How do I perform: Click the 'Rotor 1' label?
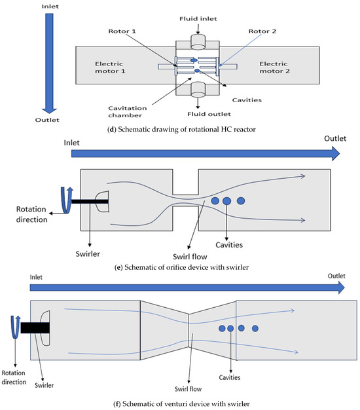click(x=122, y=31)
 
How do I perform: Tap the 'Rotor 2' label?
click(x=262, y=31)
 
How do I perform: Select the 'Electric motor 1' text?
click(x=110, y=67)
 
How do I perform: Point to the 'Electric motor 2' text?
click(x=274, y=67)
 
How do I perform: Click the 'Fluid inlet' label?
click(x=198, y=19)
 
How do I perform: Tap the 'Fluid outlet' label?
click(x=209, y=114)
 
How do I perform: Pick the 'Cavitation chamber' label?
click(x=127, y=111)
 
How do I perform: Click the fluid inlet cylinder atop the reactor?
click(x=198, y=42)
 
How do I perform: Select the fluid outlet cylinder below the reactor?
click(x=198, y=90)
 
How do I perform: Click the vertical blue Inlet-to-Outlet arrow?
click(x=49, y=64)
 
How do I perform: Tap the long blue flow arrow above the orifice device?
click(x=206, y=154)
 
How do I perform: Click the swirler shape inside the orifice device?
click(x=102, y=201)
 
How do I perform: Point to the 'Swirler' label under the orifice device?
click(x=88, y=254)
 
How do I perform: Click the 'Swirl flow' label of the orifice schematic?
click(x=190, y=257)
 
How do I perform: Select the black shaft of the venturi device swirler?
click(x=35, y=328)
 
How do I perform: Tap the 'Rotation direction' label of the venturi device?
click(x=14, y=377)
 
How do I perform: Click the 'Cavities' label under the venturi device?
click(x=230, y=377)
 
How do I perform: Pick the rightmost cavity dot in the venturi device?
click(x=255, y=328)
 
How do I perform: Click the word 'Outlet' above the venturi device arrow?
click(x=336, y=276)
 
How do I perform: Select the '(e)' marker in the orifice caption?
click(x=118, y=267)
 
